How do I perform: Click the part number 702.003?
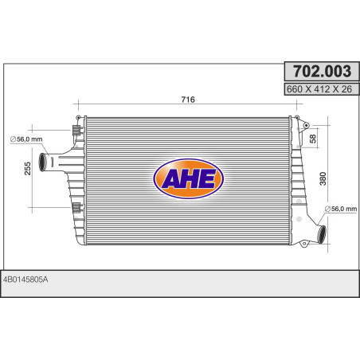point(317,73)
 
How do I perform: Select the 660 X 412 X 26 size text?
point(317,89)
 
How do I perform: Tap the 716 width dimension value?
point(188,100)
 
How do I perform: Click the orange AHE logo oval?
point(189,180)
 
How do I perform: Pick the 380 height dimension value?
point(321,178)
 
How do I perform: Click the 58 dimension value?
point(312,139)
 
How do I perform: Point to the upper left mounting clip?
point(76,131)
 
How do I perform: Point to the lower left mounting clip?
point(76,208)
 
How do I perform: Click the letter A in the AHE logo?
point(170,181)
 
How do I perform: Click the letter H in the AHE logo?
point(189,181)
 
